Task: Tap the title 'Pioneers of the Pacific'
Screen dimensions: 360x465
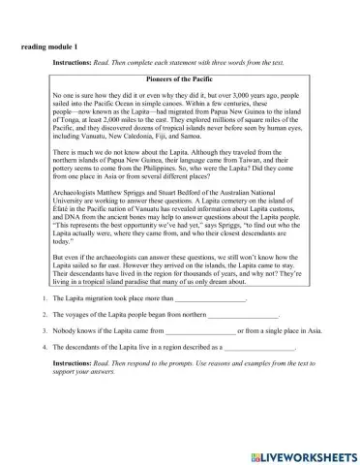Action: tap(179, 79)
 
